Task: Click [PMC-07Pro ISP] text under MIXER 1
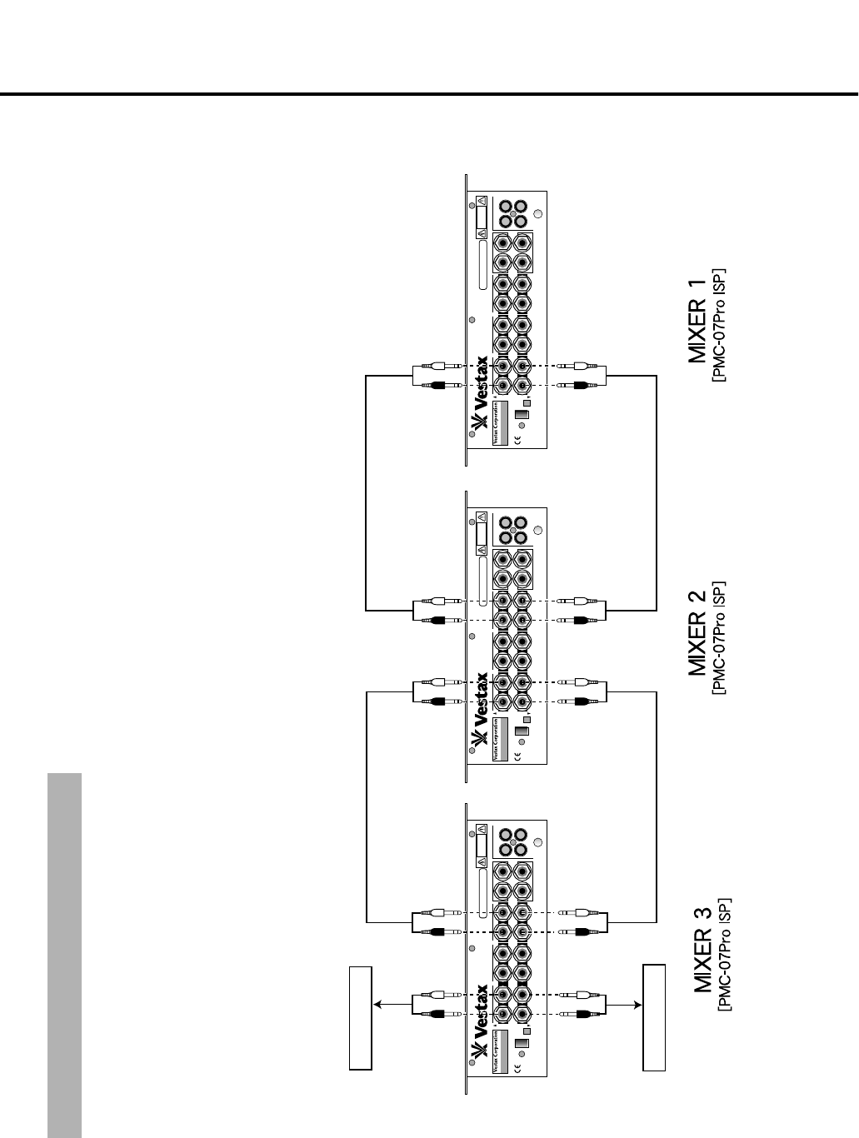pos(720,324)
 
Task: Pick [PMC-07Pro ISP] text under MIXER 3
pos(725,954)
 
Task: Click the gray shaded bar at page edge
pos(65,955)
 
